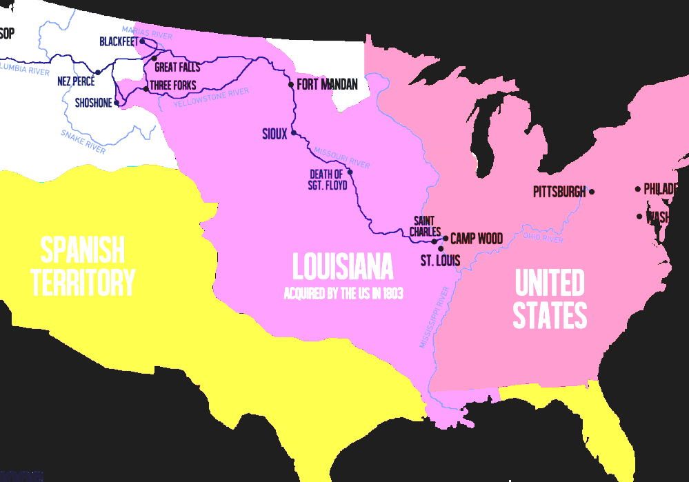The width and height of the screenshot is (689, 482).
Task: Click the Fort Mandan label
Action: [x=327, y=85]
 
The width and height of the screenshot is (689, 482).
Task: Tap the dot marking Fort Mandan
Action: [x=291, y=85]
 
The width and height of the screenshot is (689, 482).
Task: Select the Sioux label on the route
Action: [x=274, y=134]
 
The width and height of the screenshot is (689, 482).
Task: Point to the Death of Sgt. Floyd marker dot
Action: [x=350, y=172]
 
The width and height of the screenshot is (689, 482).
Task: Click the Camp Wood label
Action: [x=476, y=239]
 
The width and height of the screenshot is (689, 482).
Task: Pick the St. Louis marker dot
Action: [x=441, y=248]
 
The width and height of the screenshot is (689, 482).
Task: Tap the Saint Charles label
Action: [x=425, y=226]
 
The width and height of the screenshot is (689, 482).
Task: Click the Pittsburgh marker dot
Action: [x=592, y=192]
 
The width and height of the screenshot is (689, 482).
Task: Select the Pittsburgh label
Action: [x=559, y=192]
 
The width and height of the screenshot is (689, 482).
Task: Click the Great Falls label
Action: [x=177, y=68]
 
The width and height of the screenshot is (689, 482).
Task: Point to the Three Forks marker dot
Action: [x=146, y=89]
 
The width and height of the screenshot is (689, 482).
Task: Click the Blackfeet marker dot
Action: [x=142, y=41]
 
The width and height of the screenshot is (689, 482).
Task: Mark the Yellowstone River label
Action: [x=211, y=99]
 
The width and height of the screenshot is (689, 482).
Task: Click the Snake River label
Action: [x=83, y=141]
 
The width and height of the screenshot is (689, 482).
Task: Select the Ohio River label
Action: [x=543, y=238]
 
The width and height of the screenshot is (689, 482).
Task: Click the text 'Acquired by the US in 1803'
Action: [x=343, y=294]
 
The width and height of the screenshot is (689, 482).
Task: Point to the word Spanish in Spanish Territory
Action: [x=83, y=250]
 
